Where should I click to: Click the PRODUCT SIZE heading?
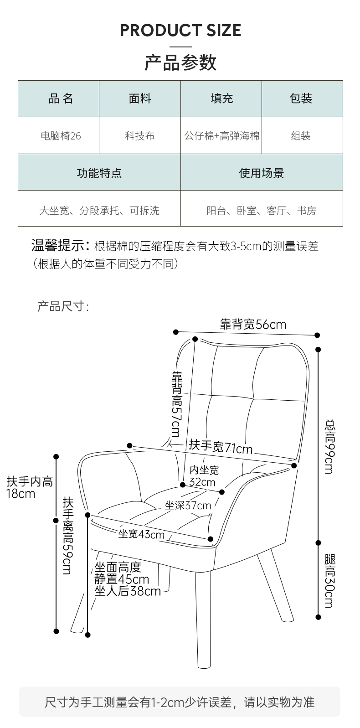point(180,30)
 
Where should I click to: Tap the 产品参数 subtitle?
point(180,62)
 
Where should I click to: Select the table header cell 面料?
point(140,98)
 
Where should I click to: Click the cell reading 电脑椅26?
point(61,135)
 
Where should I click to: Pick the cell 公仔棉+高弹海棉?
point(221,135)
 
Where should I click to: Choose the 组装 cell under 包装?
point(301,135)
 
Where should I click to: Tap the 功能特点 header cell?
point(99,173)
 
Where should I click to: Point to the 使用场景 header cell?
point(262,173)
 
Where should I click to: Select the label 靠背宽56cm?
point(253,325)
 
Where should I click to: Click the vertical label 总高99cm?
point(330,447)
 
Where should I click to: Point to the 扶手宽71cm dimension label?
point(221,446)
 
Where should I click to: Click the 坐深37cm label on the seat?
point(188,506)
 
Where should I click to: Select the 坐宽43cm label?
point(141,534)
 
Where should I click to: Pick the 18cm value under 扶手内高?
point(21,494)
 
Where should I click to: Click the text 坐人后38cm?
point(128,591)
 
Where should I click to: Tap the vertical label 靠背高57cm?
point(177,404)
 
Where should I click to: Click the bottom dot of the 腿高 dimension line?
point(319,617)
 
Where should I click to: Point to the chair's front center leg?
point(203,619)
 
